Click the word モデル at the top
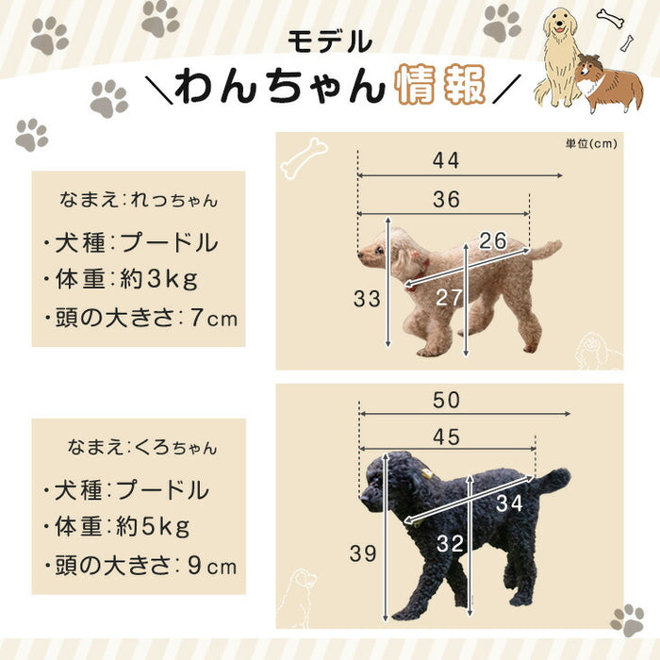(x=330, y=41)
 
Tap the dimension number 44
(x=447, y=161)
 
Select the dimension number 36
(x=447, y=200)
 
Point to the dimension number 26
(x=493, y=241)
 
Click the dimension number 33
(x=368, y=299)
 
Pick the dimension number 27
(x=450, y=298)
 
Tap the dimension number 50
(x=448, y=400)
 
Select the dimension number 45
(x=448, y=438)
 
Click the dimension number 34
(x=508, y=503)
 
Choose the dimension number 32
(x=451, y=544)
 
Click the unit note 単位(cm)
(x=591, y=143)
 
